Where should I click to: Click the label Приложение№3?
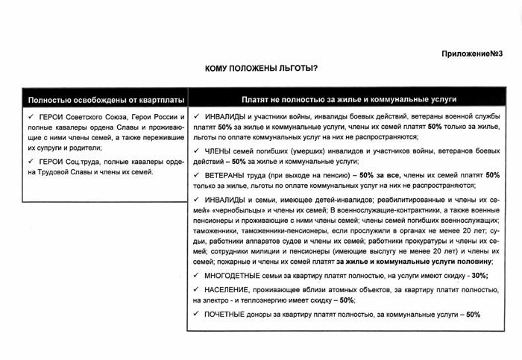click(474, 53)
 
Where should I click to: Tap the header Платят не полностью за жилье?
click(349, 98)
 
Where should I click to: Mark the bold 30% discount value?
click(480, 275)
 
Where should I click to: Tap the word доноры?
click(274, 314)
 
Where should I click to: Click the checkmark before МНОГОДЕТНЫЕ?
click(195, 275)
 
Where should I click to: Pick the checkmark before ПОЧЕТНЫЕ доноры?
click(195, 314)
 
